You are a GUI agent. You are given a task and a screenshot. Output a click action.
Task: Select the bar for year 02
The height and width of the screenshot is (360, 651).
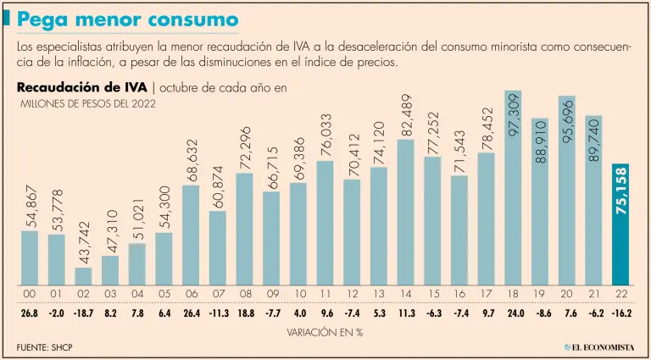tap(83, 276)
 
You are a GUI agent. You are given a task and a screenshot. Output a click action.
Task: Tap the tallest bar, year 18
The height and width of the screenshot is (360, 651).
tap(512, 188)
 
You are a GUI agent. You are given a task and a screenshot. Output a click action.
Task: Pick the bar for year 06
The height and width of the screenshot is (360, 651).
tap(191, 235)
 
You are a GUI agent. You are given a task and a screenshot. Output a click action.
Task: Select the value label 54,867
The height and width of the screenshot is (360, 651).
tap(31, 206)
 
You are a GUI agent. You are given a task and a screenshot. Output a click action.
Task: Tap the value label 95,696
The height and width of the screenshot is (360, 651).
tap(566, 121)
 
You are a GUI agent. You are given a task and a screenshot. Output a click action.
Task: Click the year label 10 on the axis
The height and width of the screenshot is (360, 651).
tap(298, 295)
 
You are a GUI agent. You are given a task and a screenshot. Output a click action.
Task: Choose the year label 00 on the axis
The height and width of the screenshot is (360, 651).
tap(30, 295)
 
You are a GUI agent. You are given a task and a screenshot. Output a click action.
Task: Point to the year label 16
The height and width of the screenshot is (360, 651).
tap(459, 295)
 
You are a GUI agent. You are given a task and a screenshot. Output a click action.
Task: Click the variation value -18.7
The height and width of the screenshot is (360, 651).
tap(83, 313)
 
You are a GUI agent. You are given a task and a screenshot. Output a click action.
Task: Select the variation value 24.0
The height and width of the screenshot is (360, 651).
tap(513, 313)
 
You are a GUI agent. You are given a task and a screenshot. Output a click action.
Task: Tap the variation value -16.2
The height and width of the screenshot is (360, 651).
tap(620, 313)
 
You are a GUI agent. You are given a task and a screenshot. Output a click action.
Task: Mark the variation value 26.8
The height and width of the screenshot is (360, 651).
tap(30, 313)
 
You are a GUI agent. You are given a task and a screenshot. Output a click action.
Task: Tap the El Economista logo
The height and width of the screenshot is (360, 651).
tap(600, 348)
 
